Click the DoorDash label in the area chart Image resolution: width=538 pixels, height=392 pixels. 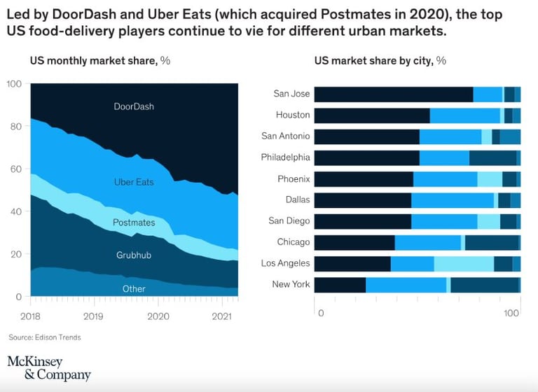tap(134, 107)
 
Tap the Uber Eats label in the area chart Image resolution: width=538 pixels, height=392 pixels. tap(134, 182)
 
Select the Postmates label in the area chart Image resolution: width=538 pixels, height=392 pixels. tap(134, 223)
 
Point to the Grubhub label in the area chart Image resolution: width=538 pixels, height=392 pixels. tap(134, 255)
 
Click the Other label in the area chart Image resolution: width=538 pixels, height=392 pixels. tap(134, 288)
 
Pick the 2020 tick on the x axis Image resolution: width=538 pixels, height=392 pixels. tap(158, 316)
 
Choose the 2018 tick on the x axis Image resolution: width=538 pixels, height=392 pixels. tap(31, 316)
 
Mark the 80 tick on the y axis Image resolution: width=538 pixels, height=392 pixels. tap(14, 127)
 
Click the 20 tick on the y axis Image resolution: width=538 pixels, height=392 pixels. tap(14, 254)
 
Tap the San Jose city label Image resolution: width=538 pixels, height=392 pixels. tap(291, 94)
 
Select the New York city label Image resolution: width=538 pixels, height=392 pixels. tap(291, 284)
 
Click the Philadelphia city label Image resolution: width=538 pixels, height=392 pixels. tap(285, 157)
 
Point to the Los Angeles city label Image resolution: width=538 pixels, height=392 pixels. tap(285, 263)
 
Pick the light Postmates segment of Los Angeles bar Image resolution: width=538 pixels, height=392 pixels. tap(464, 264)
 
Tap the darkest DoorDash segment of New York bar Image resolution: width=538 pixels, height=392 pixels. tap(340, 285)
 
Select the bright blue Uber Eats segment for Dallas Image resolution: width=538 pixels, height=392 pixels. tap(453, 200)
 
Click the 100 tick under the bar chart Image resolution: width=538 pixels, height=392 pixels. tap(512, 313)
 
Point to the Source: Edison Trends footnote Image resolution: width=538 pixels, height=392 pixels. tap(44, 337)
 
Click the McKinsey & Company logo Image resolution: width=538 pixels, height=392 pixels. tap(49, 367)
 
